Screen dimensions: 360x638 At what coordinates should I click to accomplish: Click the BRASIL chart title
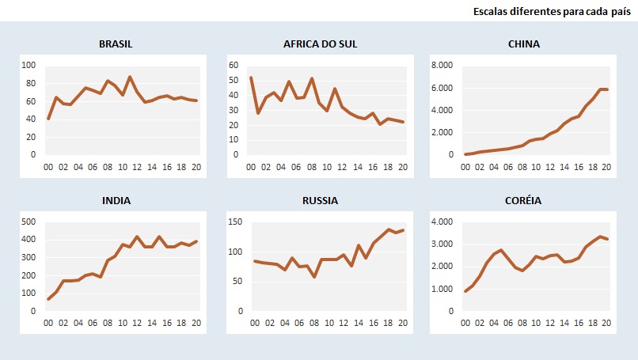116,44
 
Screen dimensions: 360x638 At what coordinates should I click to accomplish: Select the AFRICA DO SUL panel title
320,44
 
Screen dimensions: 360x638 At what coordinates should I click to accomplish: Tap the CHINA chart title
524,44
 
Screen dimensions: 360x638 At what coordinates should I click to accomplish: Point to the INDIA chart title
116,200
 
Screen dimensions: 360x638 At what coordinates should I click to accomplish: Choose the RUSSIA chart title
320,200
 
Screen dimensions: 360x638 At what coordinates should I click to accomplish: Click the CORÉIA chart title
524,200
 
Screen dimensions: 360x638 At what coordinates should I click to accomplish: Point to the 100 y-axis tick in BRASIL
29,65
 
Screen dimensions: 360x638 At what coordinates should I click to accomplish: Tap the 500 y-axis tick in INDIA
28,222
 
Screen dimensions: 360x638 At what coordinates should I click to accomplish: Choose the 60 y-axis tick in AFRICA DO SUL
234,65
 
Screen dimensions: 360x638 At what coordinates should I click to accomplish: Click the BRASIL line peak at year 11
130,77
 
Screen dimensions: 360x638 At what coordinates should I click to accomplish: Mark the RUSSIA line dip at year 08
314,277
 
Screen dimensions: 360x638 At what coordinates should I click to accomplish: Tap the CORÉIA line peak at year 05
501,250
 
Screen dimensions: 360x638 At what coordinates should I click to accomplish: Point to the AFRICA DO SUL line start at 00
251,78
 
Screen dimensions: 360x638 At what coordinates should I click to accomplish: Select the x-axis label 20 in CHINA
606,167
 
